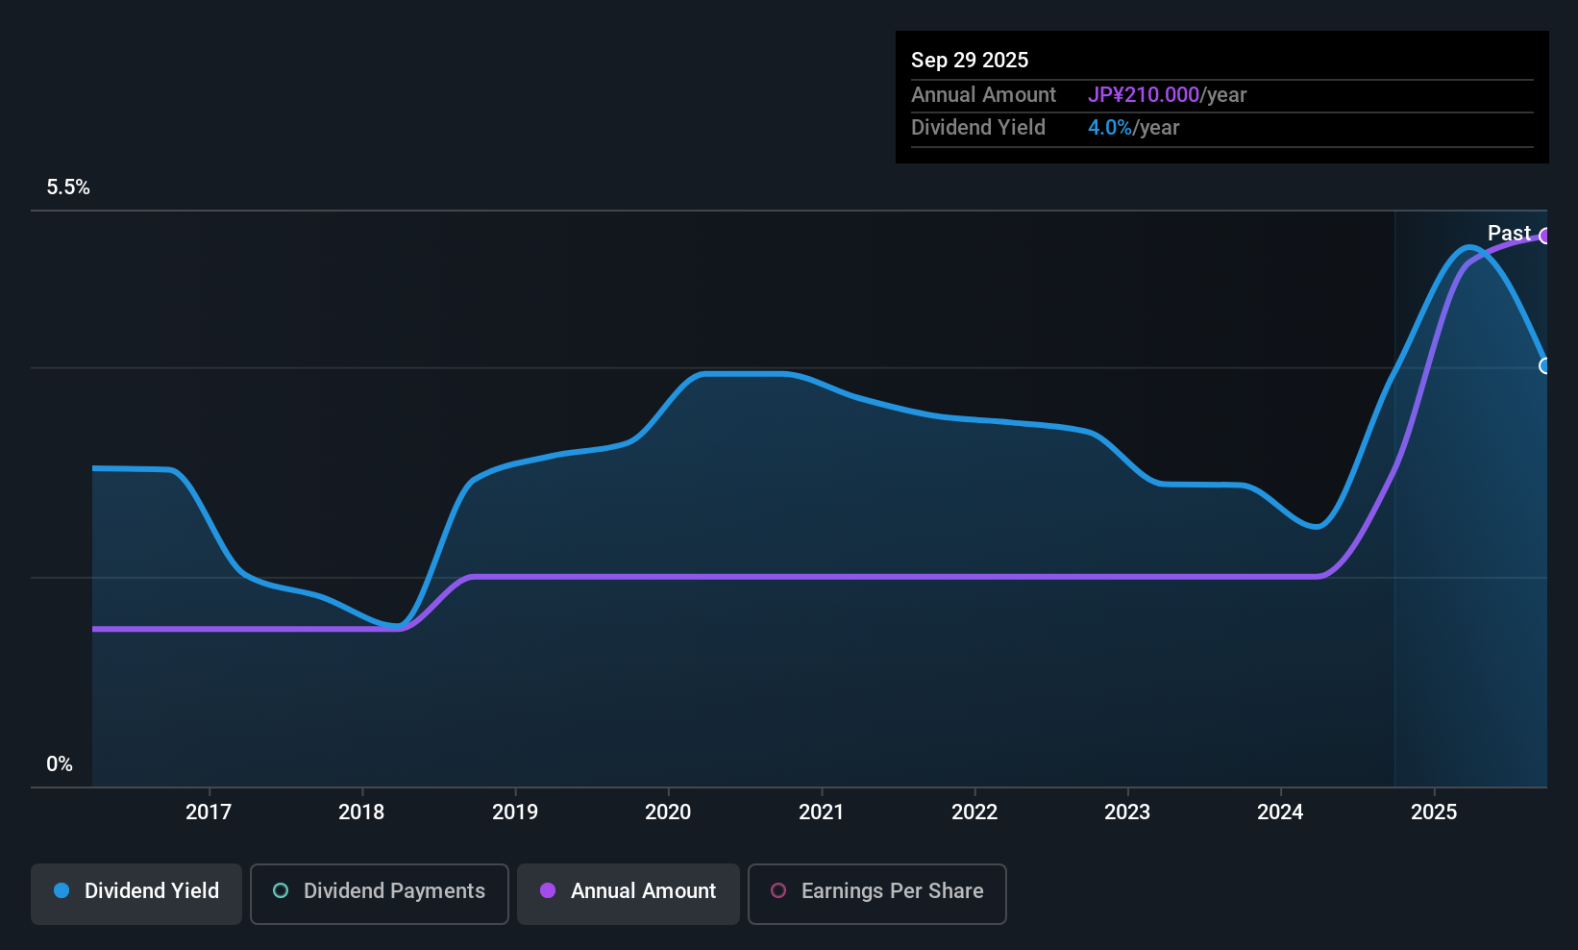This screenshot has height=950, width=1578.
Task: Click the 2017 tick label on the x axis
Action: (x=209, y=812)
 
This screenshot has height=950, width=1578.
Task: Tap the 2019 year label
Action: (x=515, y=812)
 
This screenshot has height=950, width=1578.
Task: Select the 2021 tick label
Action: (x=821, y=812)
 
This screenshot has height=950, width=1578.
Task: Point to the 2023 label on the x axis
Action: (x=1127, y=812)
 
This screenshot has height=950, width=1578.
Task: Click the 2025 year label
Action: (x=1434, y=812)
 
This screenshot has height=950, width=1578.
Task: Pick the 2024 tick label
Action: (x=1280, y=812)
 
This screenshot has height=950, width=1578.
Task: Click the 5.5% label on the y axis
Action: (x=68, y=187)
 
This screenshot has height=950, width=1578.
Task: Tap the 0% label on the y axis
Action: (x=60, y=764)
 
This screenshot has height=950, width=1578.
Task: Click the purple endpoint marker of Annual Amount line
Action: (x=1544, y=237)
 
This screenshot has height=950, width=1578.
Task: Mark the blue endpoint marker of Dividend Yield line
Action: (x=1544, y=366)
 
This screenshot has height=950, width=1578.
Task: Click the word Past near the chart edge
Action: (x=1509, y=234)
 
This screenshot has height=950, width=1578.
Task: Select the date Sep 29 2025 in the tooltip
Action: (x=970, y=61)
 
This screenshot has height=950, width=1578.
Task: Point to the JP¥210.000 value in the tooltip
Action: (x=1144, y=95)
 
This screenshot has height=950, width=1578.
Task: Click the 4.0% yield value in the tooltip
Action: (x=1110, y=128)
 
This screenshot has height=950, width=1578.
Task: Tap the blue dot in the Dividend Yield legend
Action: (x=62, y=891)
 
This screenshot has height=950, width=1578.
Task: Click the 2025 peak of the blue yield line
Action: (x=1468, y=248)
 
